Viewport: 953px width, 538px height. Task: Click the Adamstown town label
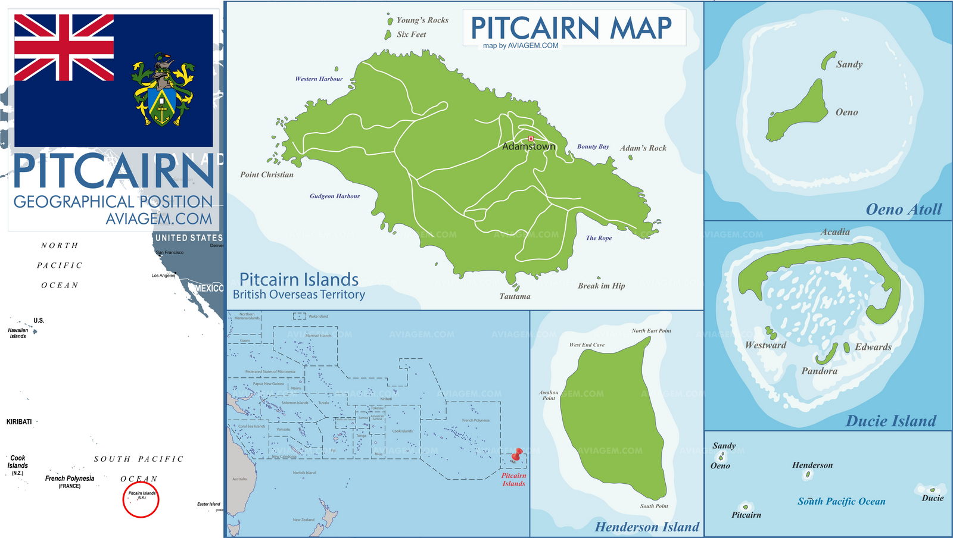pos(528,146)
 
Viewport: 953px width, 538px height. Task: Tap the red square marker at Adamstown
pos(531,139)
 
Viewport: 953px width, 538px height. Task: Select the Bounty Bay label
pos(593,146)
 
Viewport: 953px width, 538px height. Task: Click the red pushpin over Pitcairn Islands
pos(517,455)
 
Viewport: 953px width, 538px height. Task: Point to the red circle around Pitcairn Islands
pos(141,499)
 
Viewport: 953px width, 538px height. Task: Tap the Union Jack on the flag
pos(64,48)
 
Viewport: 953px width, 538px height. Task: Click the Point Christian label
pos(267,174)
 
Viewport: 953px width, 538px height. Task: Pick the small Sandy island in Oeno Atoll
pos(829,60)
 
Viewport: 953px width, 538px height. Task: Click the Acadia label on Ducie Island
pos(835,232)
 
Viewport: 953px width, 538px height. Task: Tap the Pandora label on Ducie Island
pos(819,371)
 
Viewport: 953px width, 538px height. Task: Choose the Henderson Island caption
pos(647,527)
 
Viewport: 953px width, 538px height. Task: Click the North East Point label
pos(651,330)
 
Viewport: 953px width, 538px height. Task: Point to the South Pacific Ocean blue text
pos(841,501)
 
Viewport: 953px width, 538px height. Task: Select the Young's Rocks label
pos(422,20)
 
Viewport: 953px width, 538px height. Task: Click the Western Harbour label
pos(319,79)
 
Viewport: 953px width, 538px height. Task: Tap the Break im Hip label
pos(601,286)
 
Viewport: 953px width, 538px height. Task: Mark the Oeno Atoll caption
pos(904,209)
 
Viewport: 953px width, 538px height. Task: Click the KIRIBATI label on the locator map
pos(19,421)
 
